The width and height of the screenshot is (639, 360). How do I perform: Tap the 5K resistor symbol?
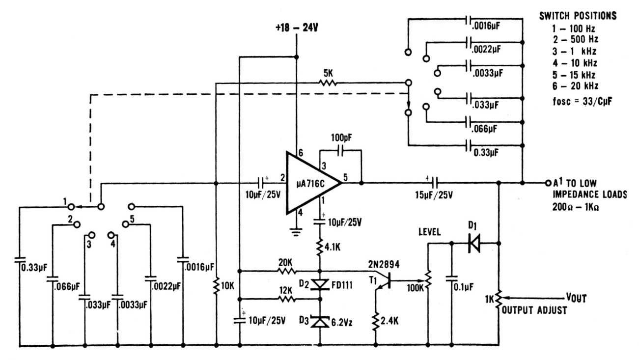pos(328,83)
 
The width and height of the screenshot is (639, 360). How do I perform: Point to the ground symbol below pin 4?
pos(297,232)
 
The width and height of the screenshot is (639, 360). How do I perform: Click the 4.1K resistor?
pos(320,248)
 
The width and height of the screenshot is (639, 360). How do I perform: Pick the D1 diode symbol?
pos(474,243)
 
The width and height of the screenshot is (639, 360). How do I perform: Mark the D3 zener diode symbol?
pos(320,322)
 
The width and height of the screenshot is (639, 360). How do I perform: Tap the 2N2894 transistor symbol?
pos(385,281)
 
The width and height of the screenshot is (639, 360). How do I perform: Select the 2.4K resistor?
pos(376,322)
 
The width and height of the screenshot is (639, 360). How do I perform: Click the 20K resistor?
pos(287,271)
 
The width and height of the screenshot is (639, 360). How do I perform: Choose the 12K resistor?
pos(286,299)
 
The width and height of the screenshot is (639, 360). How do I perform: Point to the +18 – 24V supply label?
pos(297,28)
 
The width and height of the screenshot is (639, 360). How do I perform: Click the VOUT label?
pos(576,298)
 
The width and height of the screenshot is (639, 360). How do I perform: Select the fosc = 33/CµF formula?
pos(582,102)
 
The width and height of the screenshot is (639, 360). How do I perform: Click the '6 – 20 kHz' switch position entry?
pos(575,86)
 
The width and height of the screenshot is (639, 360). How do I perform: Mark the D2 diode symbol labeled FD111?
pos(320,284)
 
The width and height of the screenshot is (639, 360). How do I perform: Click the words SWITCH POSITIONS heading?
pos(578,16)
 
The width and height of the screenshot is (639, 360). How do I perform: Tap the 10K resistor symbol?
pos(216,285)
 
